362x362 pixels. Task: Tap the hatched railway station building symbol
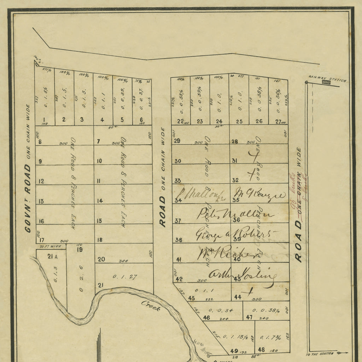(326, 82)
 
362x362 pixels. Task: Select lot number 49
(234, 351)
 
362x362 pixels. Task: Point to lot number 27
(279, 121)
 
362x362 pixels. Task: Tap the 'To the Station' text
(320, 354)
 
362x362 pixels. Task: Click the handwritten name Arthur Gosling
(242, 274)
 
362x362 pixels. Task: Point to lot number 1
(45, 119)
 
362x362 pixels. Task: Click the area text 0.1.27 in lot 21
(124, 276)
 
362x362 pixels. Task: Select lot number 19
(80, 250)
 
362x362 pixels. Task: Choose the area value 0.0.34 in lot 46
(221, 310)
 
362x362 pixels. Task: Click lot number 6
(141, 119)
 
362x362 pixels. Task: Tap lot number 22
(180, 121)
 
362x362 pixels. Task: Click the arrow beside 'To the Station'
(342, 353)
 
